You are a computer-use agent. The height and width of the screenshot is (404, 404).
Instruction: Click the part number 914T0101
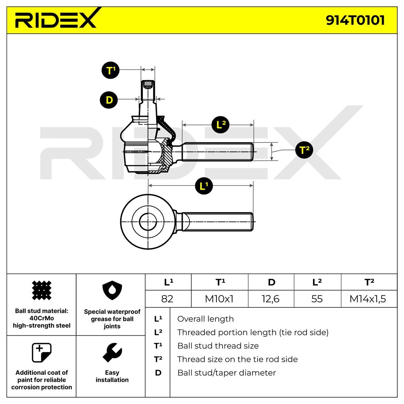355,20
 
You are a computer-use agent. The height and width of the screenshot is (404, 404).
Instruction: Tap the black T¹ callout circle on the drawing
110,70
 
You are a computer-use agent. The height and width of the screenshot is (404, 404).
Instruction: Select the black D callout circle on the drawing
109,100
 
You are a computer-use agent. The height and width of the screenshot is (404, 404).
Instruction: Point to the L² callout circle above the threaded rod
220,125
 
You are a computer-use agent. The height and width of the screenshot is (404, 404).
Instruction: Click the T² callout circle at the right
304,150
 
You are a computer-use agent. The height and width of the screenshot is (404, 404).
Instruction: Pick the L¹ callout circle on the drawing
204,186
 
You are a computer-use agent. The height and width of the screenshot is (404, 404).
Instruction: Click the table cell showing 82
168,299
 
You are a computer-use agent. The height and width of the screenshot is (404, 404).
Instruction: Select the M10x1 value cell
220,299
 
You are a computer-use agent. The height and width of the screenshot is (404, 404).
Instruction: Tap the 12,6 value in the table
271,299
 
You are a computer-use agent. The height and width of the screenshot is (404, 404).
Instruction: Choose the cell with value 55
317,299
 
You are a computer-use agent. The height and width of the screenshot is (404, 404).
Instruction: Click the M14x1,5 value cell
369,299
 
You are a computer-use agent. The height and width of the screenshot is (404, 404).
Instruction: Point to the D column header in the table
271,282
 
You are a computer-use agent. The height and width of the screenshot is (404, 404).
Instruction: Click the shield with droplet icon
112,290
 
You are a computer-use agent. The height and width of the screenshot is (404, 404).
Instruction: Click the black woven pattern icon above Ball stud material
41,290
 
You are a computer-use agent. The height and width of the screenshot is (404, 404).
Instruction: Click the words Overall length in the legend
205,319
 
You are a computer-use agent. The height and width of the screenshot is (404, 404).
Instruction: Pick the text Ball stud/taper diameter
227,373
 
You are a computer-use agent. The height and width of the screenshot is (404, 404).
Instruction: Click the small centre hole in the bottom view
148,222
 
